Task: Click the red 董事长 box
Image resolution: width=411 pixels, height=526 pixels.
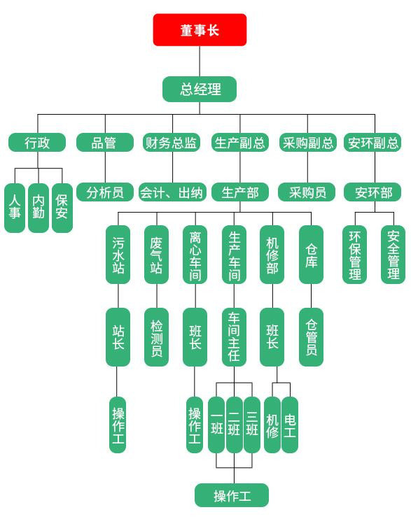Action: click(200, 30)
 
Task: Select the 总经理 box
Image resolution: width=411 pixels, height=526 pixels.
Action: click(200, 90)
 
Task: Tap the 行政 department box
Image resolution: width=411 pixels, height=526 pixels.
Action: click(37, 143)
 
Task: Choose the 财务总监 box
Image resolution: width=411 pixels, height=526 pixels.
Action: click(172, 143)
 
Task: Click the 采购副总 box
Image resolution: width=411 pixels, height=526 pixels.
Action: click(308, 143)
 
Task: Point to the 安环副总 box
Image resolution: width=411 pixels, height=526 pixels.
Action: click(372, 143)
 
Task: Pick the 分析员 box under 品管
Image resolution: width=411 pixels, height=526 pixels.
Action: click(105, 192)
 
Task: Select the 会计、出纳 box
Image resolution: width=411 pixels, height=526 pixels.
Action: click(173, 192)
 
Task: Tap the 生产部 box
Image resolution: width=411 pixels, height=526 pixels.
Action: click(240, 192)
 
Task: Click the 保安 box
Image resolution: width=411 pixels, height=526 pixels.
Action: click(62, 208)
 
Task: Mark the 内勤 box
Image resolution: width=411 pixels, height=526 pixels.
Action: click(39, 208)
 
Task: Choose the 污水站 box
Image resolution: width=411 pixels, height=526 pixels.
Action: click(118, 255)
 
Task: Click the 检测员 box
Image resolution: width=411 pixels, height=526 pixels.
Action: click(156, 337)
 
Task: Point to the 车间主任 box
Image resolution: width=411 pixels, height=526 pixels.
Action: click(234, 337)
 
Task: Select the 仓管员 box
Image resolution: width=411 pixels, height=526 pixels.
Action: click(312, 337)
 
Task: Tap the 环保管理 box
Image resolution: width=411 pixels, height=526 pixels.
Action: click(354, 255)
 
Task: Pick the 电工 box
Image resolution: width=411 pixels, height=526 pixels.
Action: click(290, 425)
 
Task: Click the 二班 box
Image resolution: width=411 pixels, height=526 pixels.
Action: click(235, 425)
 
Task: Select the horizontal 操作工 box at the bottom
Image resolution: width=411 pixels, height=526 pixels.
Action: click(232, 495)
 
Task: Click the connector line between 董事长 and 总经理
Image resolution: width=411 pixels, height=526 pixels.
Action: click(200, 61)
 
